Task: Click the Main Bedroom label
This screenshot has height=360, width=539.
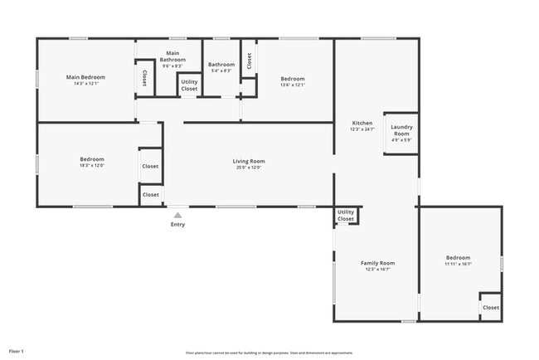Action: [86, 77]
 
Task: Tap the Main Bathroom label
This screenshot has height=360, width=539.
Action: [172, 57]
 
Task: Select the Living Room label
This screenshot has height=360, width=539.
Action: [248, 161]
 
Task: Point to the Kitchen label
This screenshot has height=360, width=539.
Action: [362, 123]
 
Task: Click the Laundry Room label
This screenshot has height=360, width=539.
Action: [401, 130]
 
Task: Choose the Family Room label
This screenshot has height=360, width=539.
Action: [377, 263]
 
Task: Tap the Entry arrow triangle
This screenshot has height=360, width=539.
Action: [177, 215]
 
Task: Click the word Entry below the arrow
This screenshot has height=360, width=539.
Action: [177, 225]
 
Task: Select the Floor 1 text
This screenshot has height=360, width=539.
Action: [17, 352]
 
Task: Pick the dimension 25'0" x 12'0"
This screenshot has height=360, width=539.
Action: [248, 168]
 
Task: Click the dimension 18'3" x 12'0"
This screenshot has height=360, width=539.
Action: [92, 166]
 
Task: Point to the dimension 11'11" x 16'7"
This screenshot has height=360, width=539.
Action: [458, 265]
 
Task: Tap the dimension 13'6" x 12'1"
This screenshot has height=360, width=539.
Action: [293, 85]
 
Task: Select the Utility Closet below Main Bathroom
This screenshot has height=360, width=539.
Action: [189, 85]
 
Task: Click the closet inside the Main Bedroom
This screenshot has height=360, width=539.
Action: [144, 78]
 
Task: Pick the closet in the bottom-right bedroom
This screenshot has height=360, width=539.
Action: [491, 308]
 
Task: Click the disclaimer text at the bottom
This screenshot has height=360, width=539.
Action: [269, 353]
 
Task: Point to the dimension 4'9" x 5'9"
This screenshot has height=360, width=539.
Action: [401, 140]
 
